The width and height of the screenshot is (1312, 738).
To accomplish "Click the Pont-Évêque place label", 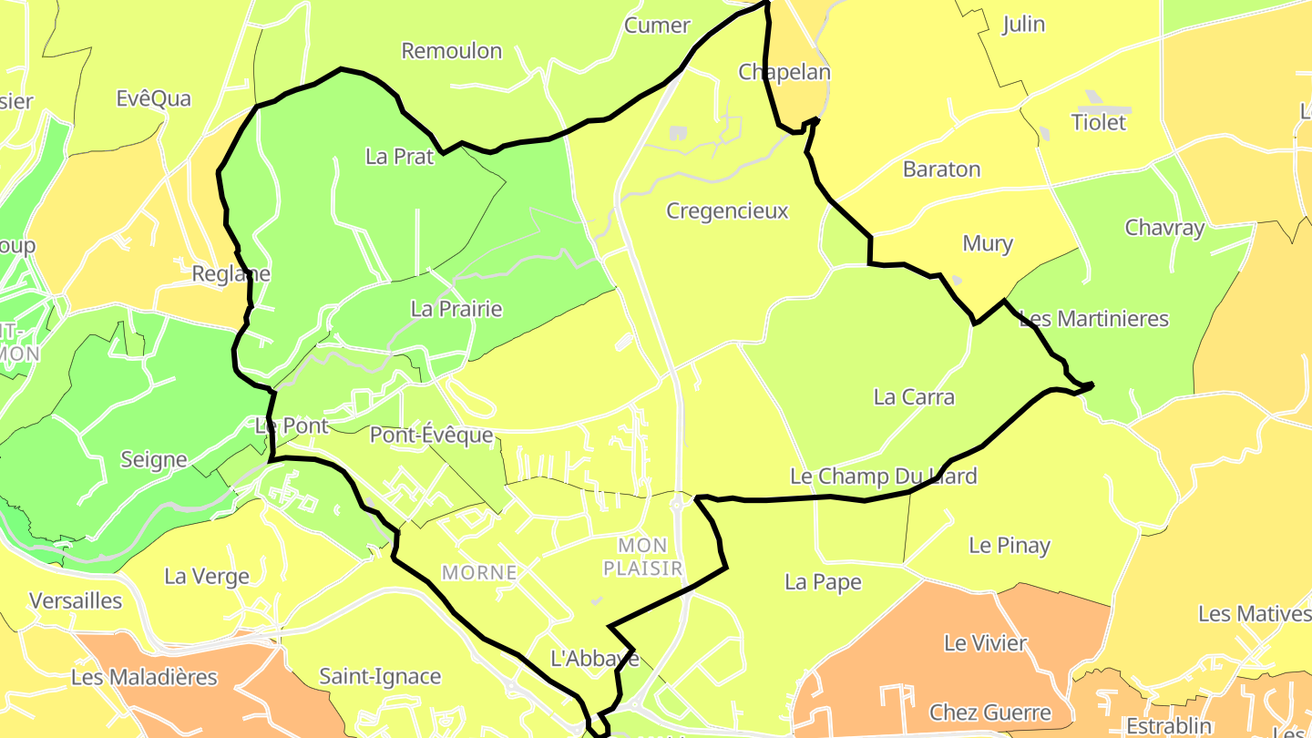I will click(431, 436).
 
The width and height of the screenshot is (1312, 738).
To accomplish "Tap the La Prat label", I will click(400, 157).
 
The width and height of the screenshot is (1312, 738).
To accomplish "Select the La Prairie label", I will click(456, 309).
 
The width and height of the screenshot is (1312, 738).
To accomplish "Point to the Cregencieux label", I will click(727, 211).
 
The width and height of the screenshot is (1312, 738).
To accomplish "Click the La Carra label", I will click(914, 397).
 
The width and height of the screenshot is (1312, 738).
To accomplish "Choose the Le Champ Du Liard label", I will click(883, 476).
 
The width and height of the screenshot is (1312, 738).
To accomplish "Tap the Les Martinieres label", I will click(1093, 319).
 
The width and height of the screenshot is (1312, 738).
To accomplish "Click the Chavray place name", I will click(1164, 228).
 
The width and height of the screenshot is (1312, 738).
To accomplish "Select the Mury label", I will click(988, 244).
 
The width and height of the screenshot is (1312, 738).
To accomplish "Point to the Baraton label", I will click(941, 169).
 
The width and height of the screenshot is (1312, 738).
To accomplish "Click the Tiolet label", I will click(1099, 122).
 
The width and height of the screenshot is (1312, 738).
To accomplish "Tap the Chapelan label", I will click(784, 72).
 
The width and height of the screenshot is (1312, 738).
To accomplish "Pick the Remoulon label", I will click(452, 51).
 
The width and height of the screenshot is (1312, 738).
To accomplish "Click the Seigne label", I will click(154, 460).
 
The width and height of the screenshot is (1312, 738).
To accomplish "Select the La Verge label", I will click(207, 577).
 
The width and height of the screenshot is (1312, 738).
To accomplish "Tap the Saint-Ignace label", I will click(380, 677).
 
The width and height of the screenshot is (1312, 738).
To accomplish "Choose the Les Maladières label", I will click(145, 678).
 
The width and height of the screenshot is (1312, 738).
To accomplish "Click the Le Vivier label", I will click(985, 643).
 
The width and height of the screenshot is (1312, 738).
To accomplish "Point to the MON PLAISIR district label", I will click(643, 557).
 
